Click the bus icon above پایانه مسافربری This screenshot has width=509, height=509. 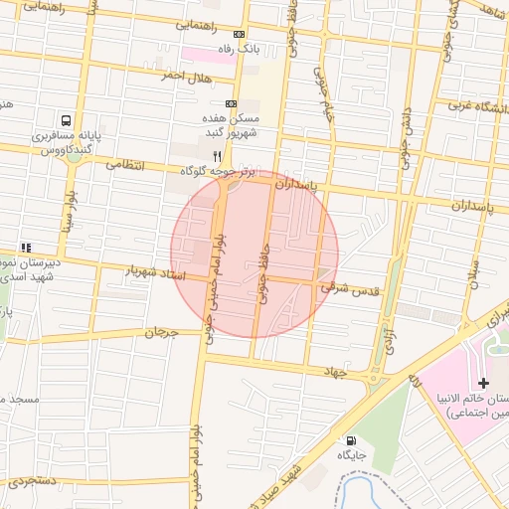click(66, 116)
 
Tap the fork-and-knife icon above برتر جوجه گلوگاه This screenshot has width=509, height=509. click(217, 156)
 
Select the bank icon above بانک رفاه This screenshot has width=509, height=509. click(238, 34)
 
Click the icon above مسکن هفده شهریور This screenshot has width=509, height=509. click(231, 102)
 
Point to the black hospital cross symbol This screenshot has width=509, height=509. click(483, 383)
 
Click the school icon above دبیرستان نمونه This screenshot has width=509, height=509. click(26, 248)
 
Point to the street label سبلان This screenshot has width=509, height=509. click(474, 268)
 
